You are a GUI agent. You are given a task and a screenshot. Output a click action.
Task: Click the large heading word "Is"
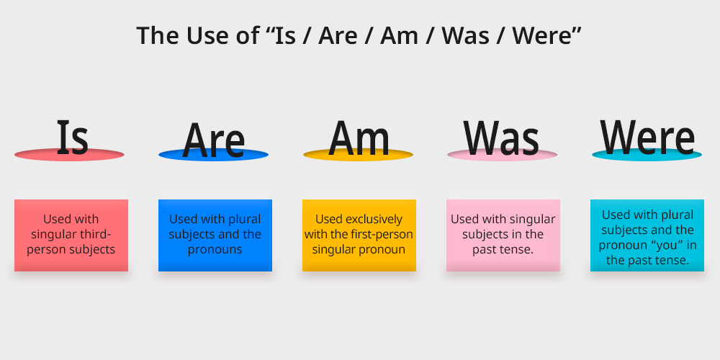point(73,137)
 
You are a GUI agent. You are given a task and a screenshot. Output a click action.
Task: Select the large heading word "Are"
point(214,140)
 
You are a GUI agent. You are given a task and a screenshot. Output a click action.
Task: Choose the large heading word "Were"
point(647,137)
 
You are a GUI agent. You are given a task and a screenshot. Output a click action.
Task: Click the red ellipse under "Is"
point(69,155)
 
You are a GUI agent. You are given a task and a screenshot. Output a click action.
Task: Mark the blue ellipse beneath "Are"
point(214,155)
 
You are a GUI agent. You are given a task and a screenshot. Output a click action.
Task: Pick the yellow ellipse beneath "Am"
point(358,155)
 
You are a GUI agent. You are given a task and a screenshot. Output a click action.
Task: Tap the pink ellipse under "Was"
point(503,155)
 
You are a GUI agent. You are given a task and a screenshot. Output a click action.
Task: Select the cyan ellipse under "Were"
point(647,155)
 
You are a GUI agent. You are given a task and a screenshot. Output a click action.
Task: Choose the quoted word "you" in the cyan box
point(664,246)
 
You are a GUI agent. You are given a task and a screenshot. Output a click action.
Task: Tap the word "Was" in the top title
point(466,35)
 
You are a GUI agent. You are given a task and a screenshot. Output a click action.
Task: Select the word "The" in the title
point(158,35)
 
